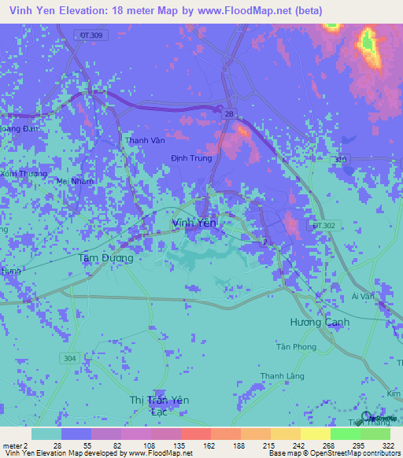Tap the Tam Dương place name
coord(105,257)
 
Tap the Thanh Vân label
coord(146,142)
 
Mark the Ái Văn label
coord(361,296)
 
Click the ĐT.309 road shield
coord(91,36)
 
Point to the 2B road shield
coord(229,115)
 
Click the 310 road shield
coord(341,159)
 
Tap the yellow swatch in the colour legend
coord(315,434)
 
